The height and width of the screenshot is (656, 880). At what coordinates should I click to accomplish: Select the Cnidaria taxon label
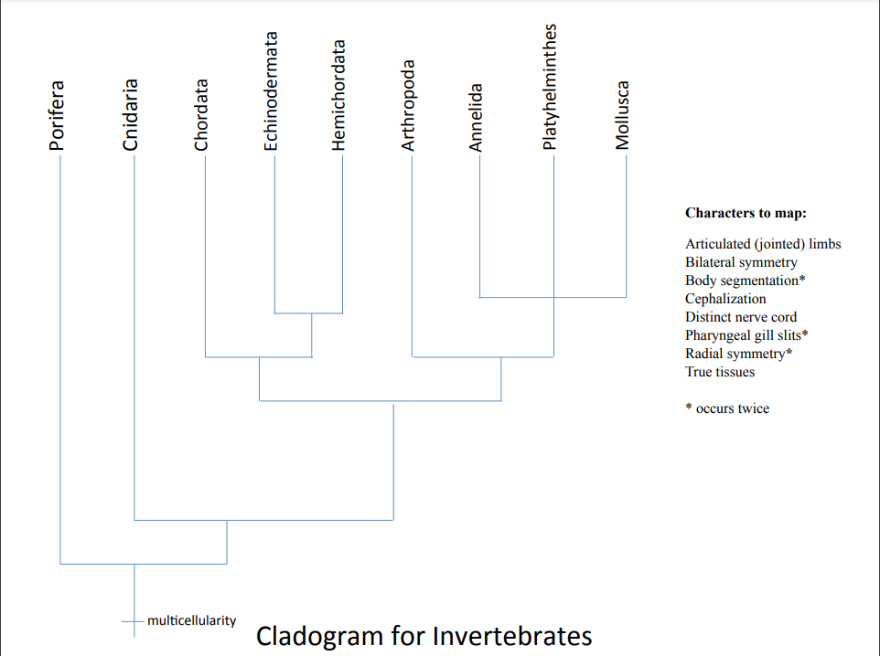(131, 115)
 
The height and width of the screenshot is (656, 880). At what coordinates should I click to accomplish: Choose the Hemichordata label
(339, 94)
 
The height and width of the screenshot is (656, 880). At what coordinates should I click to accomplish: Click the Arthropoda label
(409, 106)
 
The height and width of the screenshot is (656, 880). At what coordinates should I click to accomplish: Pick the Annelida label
(476, 117)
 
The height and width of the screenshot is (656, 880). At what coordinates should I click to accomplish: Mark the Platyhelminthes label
(550, 87)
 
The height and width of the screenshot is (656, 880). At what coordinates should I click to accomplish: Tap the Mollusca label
(623, 114)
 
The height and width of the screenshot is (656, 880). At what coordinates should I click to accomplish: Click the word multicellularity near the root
(191, 620)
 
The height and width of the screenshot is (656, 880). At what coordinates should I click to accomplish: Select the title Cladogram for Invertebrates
(424, 636)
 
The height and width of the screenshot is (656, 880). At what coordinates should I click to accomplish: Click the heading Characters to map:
(746, 213)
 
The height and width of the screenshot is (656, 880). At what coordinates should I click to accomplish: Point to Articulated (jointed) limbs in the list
(763, 244)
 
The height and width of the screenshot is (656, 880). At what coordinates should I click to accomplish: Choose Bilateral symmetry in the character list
(741, 262)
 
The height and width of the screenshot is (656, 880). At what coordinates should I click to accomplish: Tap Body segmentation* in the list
(745, 280)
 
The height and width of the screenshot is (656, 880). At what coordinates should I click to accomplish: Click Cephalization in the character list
(725, 299)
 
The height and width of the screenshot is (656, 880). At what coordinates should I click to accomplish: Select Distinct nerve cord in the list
(741, 317)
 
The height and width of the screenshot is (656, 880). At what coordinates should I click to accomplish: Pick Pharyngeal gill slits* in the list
(746, 335)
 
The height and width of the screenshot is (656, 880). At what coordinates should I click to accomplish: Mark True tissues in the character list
(719, 372)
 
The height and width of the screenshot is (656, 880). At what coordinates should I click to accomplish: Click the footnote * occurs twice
(727, 408)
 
